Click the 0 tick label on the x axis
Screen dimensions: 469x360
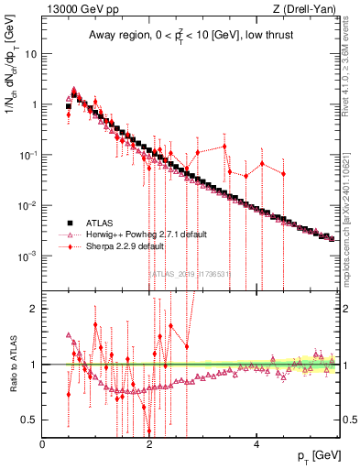tap(42, 444)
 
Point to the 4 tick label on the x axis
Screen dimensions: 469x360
tap(256, 444)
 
